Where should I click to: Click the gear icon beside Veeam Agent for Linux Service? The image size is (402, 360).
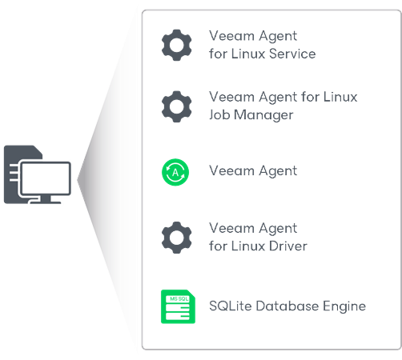[176, 45]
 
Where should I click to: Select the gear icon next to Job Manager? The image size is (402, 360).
[176, 106]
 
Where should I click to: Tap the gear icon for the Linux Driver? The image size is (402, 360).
[176, 238]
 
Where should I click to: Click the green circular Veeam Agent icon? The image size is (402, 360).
[176, 171]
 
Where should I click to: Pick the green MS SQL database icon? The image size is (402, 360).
[176, 306]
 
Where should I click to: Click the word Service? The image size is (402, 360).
[292, 54]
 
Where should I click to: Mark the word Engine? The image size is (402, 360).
[346, 306]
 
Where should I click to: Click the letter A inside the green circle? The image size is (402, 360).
[176, 171]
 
